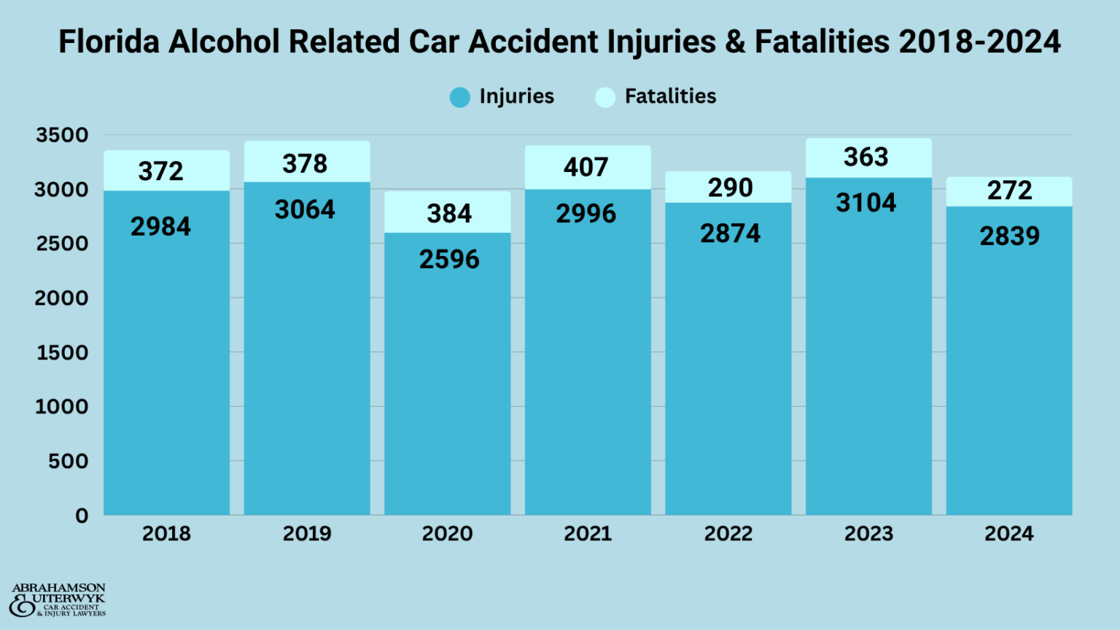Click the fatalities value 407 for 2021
(x=586, y=167)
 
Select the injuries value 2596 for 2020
(x=449, y=260)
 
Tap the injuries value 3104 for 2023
(x=866, y=203)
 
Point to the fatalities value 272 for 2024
(x=1009, y=190)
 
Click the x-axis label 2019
(x=307, y=534)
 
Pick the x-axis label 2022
(x=728, y=534)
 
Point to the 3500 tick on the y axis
(x=62, y=135)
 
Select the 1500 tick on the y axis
(x=62, y=353)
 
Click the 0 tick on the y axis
(x=82, y=516)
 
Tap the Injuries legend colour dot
(x=460, y=97)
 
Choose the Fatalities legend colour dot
(x=605, y=97)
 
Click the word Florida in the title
(x=109, y=42)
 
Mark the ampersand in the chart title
(x=735, y=42)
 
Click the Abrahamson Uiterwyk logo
(x=58, y=600)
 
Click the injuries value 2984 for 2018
(x=160, y=227)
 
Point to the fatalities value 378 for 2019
(x=305, y=164)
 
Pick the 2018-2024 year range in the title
(x=979, y=42)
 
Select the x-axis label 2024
(x=1009, y=534)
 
